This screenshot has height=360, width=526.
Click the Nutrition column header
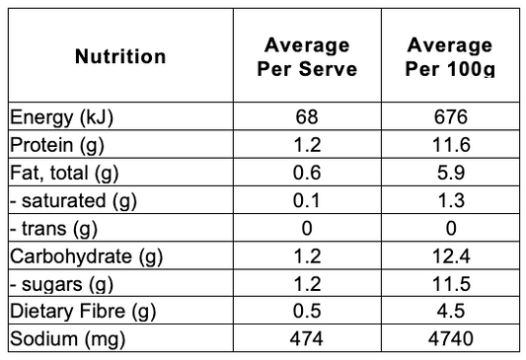(x=120, y=56)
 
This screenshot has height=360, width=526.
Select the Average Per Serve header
(x=307, y=57)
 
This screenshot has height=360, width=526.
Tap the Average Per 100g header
(x=450, y=57)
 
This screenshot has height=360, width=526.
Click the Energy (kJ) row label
(x=61, y=117)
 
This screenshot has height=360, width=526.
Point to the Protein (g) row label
(x=57, y=145)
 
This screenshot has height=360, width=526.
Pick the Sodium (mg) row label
(x=67, y=339)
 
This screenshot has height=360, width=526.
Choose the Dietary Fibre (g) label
(x=83, y=312)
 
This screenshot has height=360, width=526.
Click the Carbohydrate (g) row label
(x=86, y=256)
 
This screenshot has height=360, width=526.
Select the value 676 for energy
(x=451, y=117)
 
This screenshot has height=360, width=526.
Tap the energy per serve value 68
(x=307, y=117)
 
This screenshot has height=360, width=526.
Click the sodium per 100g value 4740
(x=451, y=339)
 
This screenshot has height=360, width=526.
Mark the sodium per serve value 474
(x=307, y=339)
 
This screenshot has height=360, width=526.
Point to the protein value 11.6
(x=451, y=145)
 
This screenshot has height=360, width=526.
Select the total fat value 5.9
(x=451, y=173)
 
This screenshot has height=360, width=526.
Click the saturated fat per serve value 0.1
(x=306, y=201)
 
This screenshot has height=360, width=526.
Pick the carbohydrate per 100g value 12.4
(x=451, y=256)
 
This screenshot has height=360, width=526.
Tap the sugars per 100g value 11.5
(x=451, y=284)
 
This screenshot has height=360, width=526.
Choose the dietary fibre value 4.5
(x=451, y=311)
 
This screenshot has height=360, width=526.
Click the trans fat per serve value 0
(x=307, y=229)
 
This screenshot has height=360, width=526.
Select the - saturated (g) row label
(x=73, y=201)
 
